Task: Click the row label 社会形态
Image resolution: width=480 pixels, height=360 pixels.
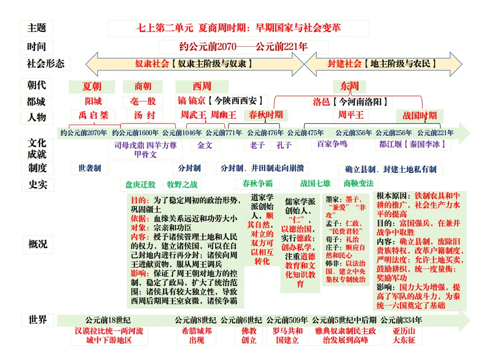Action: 46,63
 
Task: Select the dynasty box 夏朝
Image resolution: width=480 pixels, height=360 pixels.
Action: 92,86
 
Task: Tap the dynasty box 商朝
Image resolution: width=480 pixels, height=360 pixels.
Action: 143,86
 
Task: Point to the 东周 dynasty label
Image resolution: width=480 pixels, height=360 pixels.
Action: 350,86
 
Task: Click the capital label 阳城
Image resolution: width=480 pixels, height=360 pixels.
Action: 93,101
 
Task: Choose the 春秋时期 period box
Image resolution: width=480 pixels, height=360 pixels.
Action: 265,115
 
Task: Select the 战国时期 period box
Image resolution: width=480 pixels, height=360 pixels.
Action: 420,116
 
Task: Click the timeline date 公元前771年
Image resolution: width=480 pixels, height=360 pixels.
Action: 224,133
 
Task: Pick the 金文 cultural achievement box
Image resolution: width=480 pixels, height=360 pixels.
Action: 205,145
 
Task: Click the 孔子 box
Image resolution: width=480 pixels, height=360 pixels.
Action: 284,145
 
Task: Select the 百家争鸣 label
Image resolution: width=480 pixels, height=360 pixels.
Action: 332,143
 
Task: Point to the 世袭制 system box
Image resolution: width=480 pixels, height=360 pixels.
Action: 90,168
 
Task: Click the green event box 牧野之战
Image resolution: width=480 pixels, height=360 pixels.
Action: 182,184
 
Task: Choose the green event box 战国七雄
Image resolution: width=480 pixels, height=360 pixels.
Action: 315,183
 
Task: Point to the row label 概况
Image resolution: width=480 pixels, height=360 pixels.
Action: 38,244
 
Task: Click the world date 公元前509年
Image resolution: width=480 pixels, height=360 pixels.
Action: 287,320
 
